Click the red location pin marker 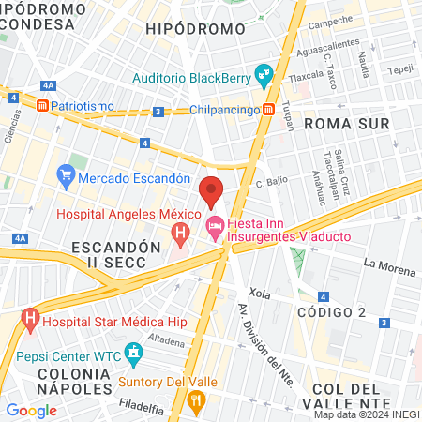(x=212, y=190)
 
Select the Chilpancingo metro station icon (x=269, y=109)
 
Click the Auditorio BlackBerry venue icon (x=264, y=71)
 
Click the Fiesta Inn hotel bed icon (x=215, y=225)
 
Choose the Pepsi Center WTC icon (x=133, y=354)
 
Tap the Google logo (x=31, y=410)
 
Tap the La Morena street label (x=389, y=270)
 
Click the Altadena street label (x=166, y=342)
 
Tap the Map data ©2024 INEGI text (x=367, y=414)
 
